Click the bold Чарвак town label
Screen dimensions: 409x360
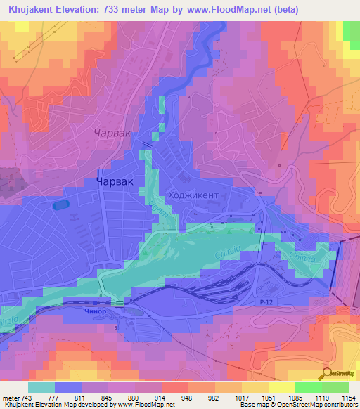(x=112, y=181)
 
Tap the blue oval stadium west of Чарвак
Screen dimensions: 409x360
(x=60, y=205)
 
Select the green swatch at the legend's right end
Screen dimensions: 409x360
(x=335, y=387)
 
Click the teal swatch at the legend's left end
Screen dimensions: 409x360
(x=41, y=387)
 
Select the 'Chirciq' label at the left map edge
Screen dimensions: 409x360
(x=8, y=322)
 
